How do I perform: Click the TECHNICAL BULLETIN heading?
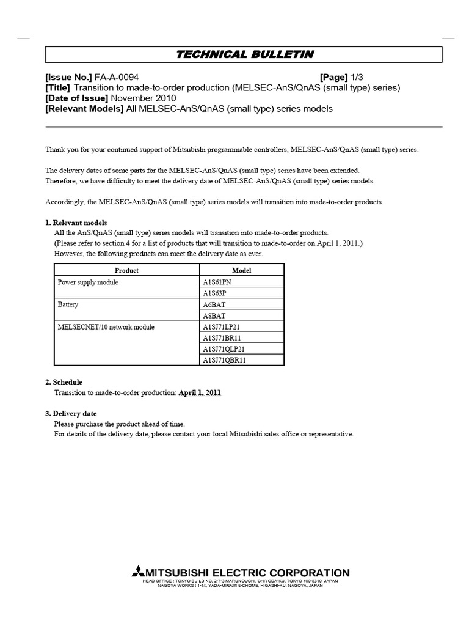(x=244, y=54)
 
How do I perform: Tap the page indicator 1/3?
(x=357, y=78)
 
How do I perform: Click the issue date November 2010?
(x=144, y=98)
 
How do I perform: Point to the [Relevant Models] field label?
(x=84, y=109)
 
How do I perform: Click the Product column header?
(x=127, y=270)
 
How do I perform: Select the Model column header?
(x=242, y=270)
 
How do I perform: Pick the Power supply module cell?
(x=88, y=282)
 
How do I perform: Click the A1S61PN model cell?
(x=217, y=282)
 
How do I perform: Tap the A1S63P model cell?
(x=216, y=293)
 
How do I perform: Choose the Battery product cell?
(x=68, y=304)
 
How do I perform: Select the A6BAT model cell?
(x=214, y=304)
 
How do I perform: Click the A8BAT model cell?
(x=214, y=315)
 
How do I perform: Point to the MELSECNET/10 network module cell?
(x=106, y=327)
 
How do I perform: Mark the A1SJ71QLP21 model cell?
(x=225, y=349)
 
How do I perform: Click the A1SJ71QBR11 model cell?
(x=225, y=360)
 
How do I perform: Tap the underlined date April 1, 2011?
(x=200, y=393)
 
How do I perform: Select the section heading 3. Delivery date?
(x=71, y=414)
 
